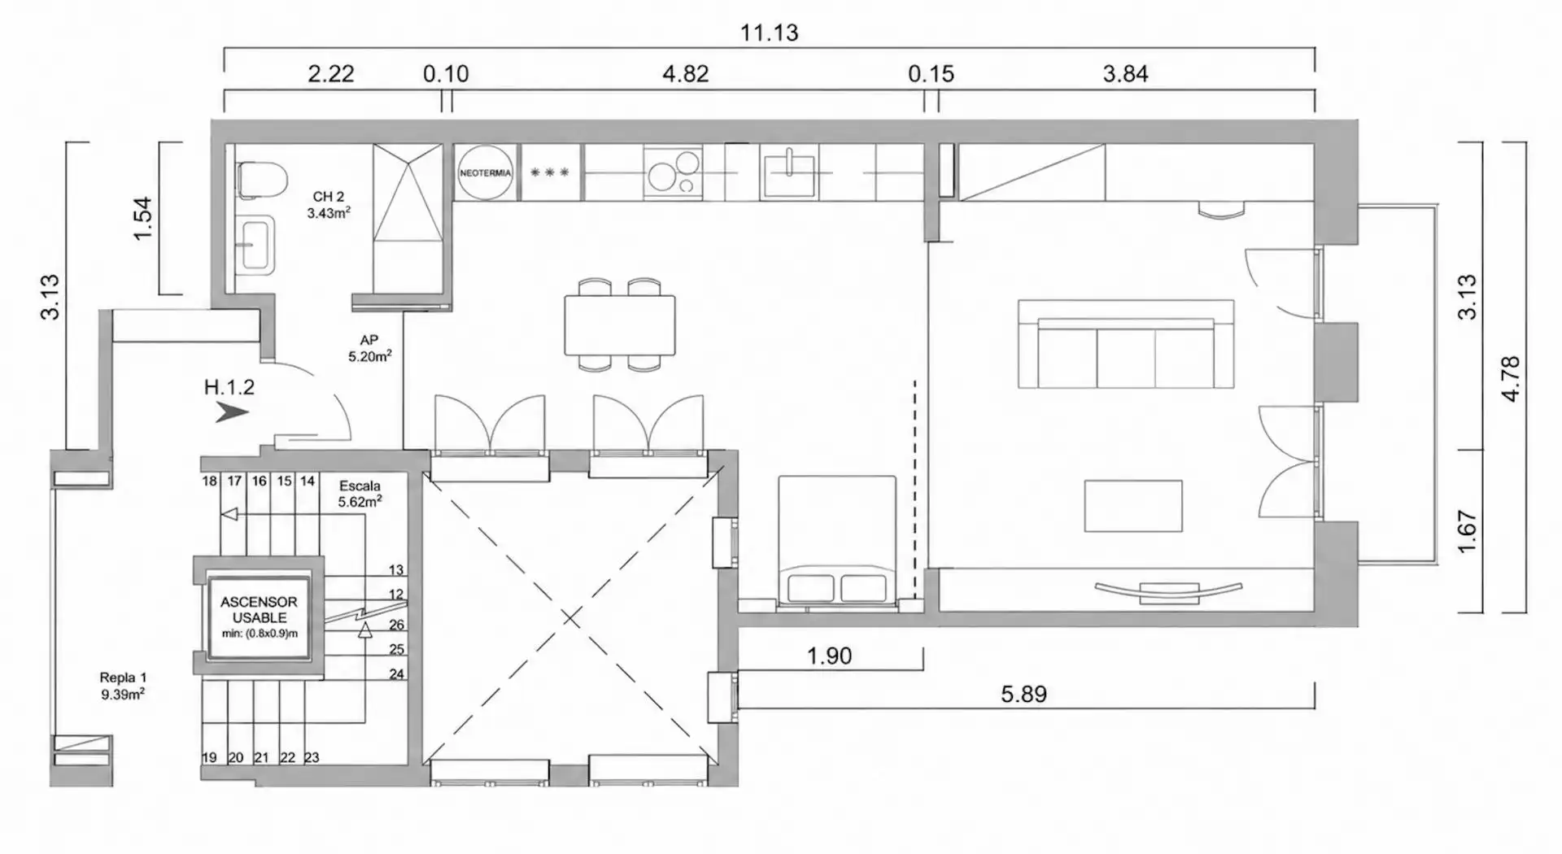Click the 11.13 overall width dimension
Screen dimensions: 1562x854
[769, 33]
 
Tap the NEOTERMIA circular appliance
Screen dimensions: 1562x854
[486, 172]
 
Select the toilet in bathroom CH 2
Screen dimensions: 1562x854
[261, 179]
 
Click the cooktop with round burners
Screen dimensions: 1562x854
[673, 172]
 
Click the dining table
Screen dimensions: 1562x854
[620, 325]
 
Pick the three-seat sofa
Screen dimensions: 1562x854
[1126, 343]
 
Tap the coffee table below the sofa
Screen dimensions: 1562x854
[1133, 506]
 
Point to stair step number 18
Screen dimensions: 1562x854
[210, 481]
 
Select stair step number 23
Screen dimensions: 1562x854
[312, 757]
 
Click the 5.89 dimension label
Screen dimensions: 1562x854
[1023, 694]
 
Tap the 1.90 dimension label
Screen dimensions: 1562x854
[829, 656]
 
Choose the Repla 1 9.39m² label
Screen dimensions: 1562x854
[123, 686]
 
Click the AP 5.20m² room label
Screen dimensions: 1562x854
[370, 348]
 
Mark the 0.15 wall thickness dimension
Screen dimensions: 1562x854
[931, 74]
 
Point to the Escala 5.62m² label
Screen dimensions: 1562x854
[360, 494]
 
